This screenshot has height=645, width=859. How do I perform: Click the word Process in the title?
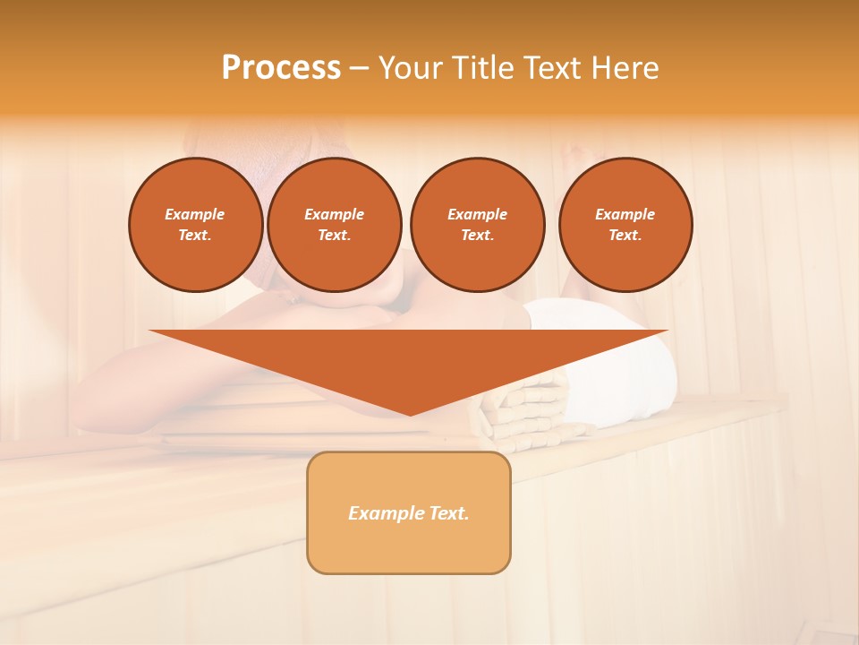(281, 68)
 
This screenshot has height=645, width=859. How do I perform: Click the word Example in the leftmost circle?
(195, 214)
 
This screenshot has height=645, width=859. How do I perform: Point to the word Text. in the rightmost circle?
(625, 235)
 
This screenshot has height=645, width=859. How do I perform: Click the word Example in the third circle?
(477, 214)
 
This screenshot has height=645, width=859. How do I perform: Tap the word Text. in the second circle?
(334, 235)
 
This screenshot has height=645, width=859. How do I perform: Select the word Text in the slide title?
(552, 68)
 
